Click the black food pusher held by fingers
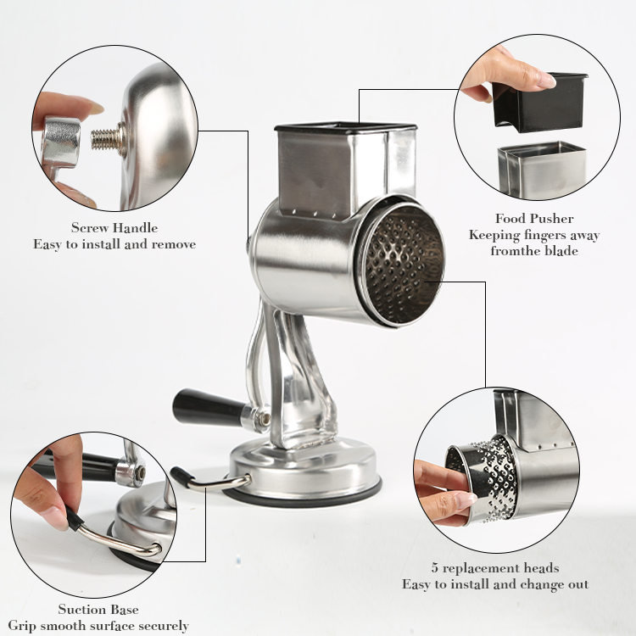coord(540,103)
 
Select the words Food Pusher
coord(534,219)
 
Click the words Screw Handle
coord(114,227)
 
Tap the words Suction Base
coord(98,609)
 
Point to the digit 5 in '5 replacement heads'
coord(435,568)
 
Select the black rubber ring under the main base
coord(302,496)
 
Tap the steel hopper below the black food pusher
coord(542,170)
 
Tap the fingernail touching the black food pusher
coord(545,81)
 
